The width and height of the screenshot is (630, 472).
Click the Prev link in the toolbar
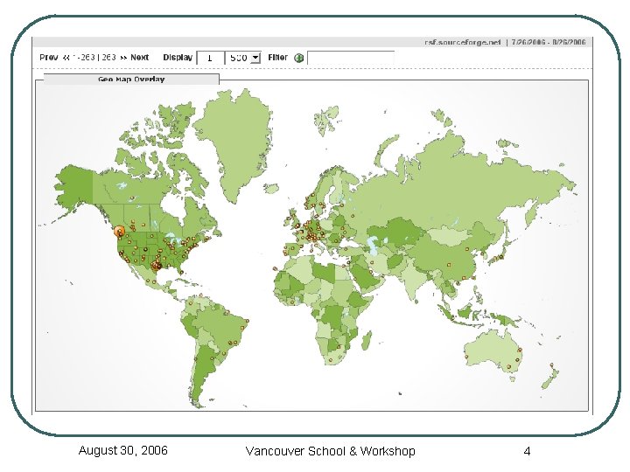pyautogui.click(x=49, y=58)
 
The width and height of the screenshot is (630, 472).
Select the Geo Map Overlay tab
pyautogui.click(x=131, y=79)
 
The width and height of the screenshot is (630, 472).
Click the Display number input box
pyautogui.click(x=209, y=58)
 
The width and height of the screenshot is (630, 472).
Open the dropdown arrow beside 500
pyautogui.click(x=255, y=58)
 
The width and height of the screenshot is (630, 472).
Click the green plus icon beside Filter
pyautogui.click(x=298, y=58)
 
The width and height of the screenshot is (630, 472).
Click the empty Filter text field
pyautogui.click(x=350, y=58)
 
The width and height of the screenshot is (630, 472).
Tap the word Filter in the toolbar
pyautogui.click(x=277, y=58)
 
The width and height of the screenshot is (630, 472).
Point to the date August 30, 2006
pyautogui.click(x=123, y=450)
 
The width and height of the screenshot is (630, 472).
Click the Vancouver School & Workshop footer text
pyautogui.click(x=331, y=451)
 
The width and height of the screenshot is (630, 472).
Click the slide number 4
pyautogui.click(x=527, y=451)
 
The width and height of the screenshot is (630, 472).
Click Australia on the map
pyautogui.click(x=495, y=350)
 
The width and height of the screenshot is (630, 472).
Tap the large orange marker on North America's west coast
pyautogui.click(x=120, y=231)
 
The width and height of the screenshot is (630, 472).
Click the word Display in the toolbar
pyautogui.click(x=178, y=58)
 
